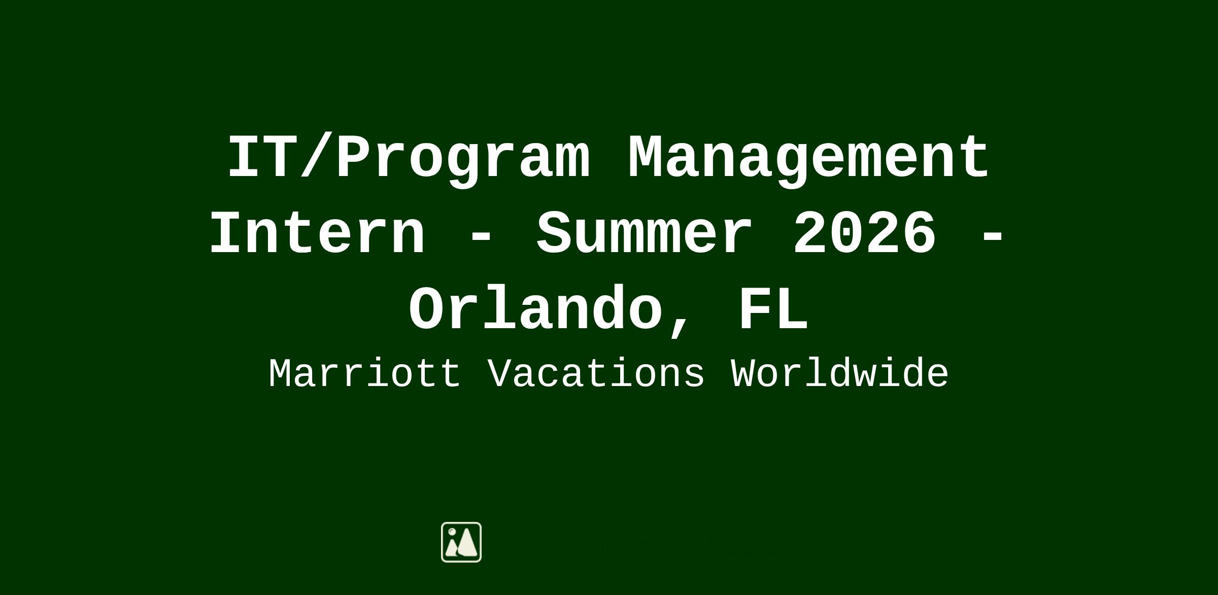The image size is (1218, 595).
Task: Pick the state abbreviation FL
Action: click(x=773, y=308)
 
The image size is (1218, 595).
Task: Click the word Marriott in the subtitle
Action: click(x=365, y=374)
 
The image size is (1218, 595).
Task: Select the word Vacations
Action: click(x=596, y=374)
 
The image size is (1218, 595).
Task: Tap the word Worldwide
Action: click(x=840, y=374)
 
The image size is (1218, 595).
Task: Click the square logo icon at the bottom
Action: click(x=461, y=542)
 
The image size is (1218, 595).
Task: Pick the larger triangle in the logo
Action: click(x=467, y=542)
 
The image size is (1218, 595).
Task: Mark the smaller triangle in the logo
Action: click(x=451, y=548)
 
